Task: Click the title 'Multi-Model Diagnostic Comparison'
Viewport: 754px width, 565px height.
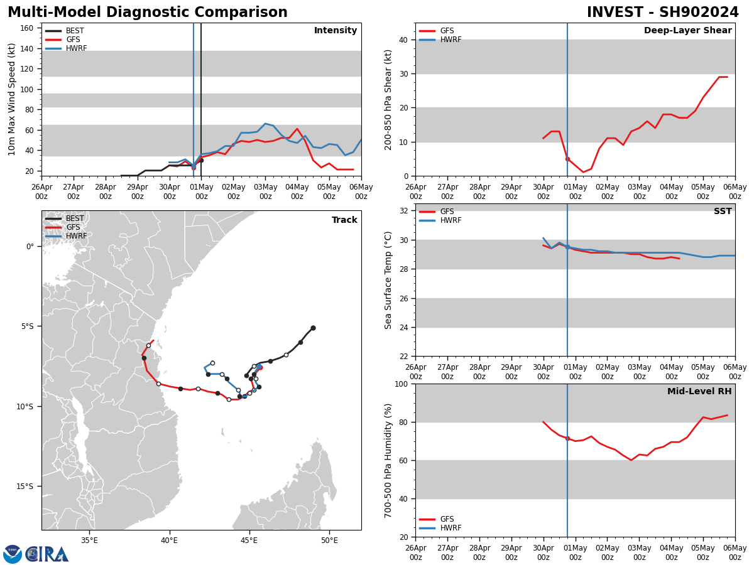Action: [148, 13]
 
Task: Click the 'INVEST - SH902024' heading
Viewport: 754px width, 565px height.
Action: [662, 13]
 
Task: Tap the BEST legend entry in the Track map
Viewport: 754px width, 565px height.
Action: [75, 218]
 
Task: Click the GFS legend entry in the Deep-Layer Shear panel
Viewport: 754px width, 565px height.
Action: [447, 31]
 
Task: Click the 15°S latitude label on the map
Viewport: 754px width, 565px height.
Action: [25, 486]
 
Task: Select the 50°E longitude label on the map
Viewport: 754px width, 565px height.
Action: [329, 540]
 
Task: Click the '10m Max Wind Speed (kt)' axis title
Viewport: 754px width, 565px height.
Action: [12, 99]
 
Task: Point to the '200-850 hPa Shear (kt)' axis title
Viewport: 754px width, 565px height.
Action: [389, 99]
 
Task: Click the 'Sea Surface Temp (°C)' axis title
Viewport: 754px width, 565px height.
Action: [389, 280]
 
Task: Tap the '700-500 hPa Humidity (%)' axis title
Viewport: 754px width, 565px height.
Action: [389, 460]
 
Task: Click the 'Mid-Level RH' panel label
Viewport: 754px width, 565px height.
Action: [699, 392]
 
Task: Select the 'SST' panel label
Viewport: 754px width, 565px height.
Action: [722, 212]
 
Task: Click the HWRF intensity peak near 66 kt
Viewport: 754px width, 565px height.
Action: [265, 124]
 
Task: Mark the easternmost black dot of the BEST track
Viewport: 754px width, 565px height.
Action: [313, 328]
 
